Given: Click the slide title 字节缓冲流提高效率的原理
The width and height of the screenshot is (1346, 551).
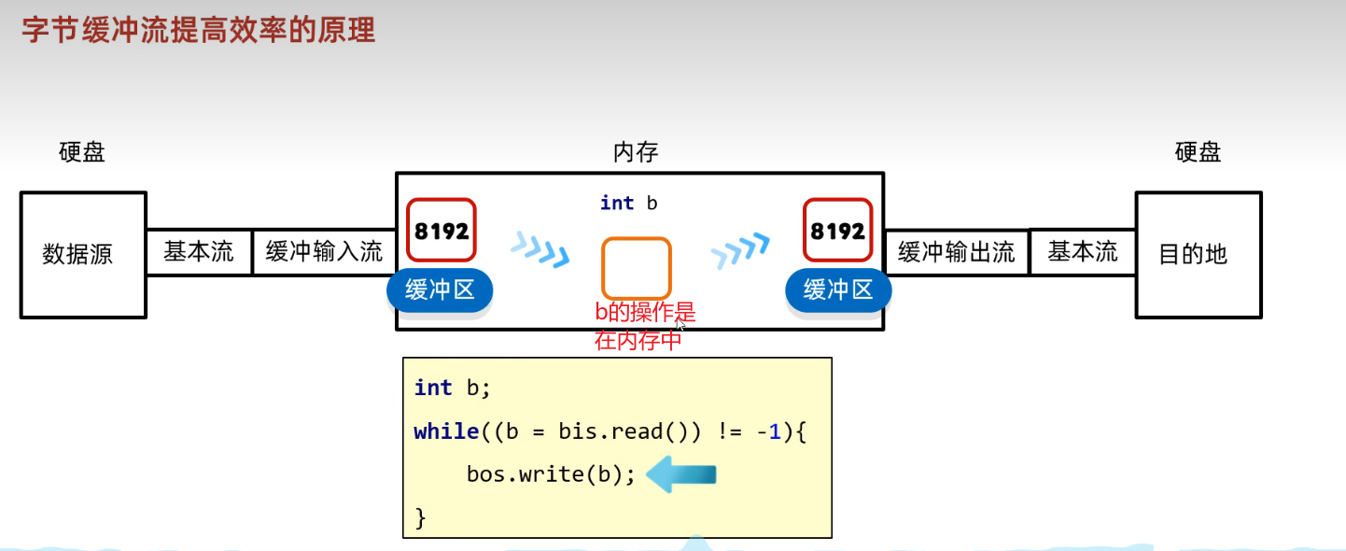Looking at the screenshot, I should (198, 30).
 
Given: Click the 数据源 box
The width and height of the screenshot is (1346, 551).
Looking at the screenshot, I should (83, 254).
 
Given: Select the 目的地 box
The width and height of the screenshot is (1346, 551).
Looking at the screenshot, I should (1198, 254).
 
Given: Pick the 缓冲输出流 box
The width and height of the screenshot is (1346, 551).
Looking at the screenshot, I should (956, 252).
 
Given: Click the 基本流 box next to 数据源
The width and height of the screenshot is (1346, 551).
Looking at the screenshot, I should (199, 252).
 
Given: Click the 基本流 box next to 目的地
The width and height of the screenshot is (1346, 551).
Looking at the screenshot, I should (1082, 252).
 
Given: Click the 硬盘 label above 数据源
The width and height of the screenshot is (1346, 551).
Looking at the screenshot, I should (82, 152).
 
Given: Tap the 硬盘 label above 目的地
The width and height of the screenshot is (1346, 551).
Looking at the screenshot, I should (1198, 152).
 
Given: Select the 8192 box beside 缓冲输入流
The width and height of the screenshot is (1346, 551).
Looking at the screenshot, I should (442, 231).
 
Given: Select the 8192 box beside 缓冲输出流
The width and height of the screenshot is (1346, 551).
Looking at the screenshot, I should (838, 231).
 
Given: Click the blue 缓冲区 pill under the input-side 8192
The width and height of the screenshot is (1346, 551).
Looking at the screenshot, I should (440, 290).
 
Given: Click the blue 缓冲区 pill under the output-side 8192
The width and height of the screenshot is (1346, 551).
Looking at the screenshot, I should (838, 290).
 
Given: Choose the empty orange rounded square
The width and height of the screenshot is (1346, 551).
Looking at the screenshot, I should (636, 268).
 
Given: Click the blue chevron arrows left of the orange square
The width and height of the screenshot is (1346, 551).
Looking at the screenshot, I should (540, 249).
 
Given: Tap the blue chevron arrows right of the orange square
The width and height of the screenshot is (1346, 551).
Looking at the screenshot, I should (740, 249).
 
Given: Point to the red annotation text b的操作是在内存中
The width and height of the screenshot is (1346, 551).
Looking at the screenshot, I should (644, 326).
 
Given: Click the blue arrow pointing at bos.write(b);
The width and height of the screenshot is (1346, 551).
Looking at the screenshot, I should (681, 474).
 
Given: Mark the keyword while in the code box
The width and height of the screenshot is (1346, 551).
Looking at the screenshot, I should (446, 431).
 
